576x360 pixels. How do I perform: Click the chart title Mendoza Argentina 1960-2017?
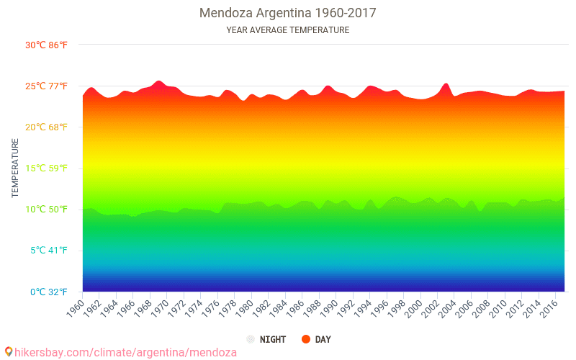(287, 13)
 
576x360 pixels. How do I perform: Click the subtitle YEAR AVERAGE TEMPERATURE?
(287, 30)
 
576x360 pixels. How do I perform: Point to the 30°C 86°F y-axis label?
(46, 45)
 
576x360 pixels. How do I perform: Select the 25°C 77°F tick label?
(46, 86)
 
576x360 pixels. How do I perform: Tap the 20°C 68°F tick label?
(46, 127)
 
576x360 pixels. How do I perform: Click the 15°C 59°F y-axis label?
(46, 168)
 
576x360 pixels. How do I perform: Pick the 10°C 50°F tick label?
(46, 210)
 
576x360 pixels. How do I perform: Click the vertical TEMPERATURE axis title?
(15, 168)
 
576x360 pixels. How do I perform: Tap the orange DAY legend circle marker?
(305, 339)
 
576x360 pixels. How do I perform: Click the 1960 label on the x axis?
(74, 308)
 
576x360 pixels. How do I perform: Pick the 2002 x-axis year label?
(428, 308)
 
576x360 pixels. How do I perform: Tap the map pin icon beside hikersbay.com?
(8, 352)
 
